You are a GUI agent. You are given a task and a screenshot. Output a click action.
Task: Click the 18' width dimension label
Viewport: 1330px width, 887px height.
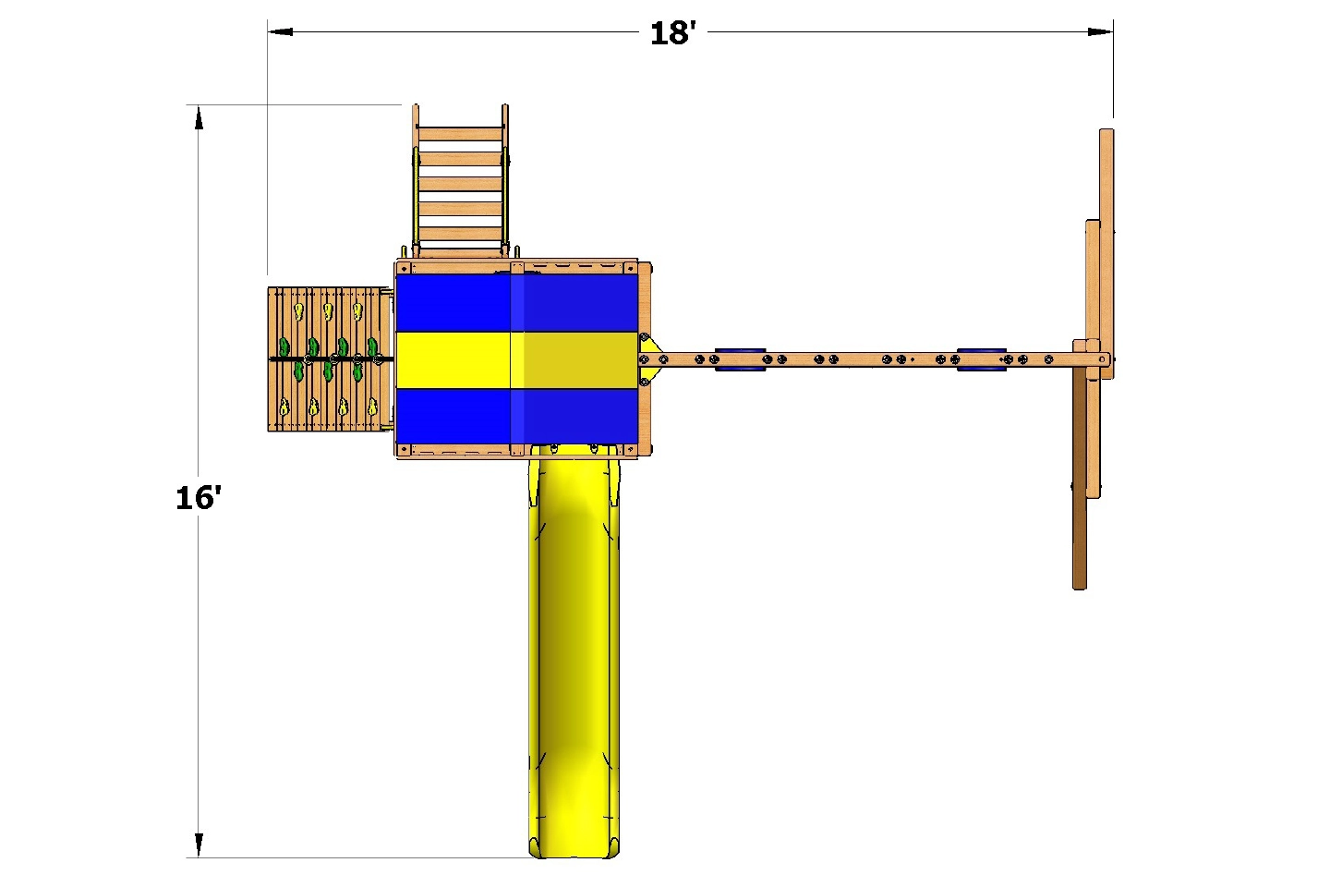click(x=672, y=33)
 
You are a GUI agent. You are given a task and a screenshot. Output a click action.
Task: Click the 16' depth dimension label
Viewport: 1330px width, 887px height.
click(x=198, y=498)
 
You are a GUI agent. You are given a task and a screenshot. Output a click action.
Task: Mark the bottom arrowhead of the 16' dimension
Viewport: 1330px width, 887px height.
click(x=199, y=844)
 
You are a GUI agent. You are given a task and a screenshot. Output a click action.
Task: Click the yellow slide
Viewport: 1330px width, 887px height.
click(x=573, y=647)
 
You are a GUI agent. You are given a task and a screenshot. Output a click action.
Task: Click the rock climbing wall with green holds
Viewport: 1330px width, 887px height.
click(x=328, y=359)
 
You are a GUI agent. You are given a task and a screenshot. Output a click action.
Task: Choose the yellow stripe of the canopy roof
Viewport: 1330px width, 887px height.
click(x=517, y=359)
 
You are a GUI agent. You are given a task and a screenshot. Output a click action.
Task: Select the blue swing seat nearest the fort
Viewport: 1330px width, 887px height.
click(x=740, y=359)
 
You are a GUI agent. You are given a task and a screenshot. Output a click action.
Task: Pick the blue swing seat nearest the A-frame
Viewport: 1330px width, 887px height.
click(x=981, y=359)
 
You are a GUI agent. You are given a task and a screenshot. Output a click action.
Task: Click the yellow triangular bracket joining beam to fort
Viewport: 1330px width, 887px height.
click(x=649, y=359)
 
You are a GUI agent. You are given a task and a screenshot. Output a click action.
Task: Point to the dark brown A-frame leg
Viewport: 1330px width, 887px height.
click(x=1079, y=490)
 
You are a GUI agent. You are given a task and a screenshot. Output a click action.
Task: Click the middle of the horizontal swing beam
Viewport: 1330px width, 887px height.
click(x=859, y=359)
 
